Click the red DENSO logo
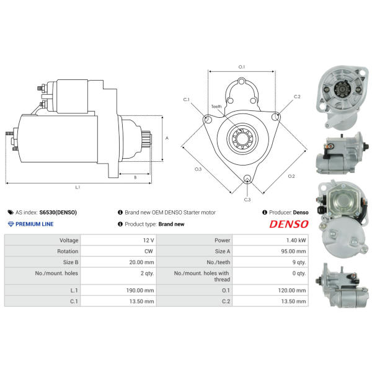[289, 224]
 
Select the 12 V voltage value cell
[149, 241]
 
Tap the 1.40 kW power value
[296, 241]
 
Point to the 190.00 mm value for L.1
[140, 290]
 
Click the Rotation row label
[68, 251]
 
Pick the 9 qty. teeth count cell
[299, 262]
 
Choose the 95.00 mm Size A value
[293, 251]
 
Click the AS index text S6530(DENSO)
[58, 212]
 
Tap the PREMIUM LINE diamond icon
[11, 224]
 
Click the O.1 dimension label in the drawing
[242, 67]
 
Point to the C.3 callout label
[247, 200]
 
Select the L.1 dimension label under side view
[77, 187]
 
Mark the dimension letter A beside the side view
[167, 138]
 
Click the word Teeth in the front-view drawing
[216, 107]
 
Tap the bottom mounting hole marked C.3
[247, 178]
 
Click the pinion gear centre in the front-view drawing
[242, 138]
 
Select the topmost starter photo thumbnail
[342, 97]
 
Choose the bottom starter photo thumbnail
[342, 285]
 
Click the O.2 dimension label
[291, 176]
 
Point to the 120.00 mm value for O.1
[292, 290]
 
